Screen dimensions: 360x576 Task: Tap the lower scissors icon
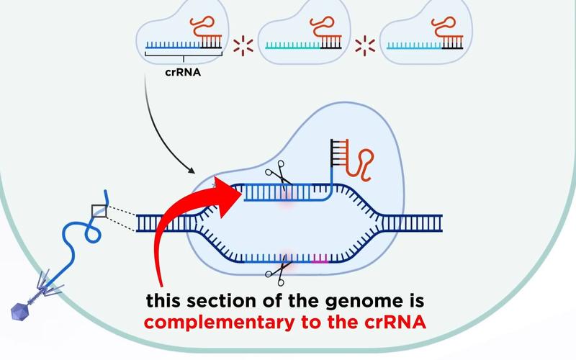point(276,272)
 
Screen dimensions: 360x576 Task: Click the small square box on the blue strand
point(99,210)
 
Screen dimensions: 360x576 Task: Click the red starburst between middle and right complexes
point(366,45)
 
